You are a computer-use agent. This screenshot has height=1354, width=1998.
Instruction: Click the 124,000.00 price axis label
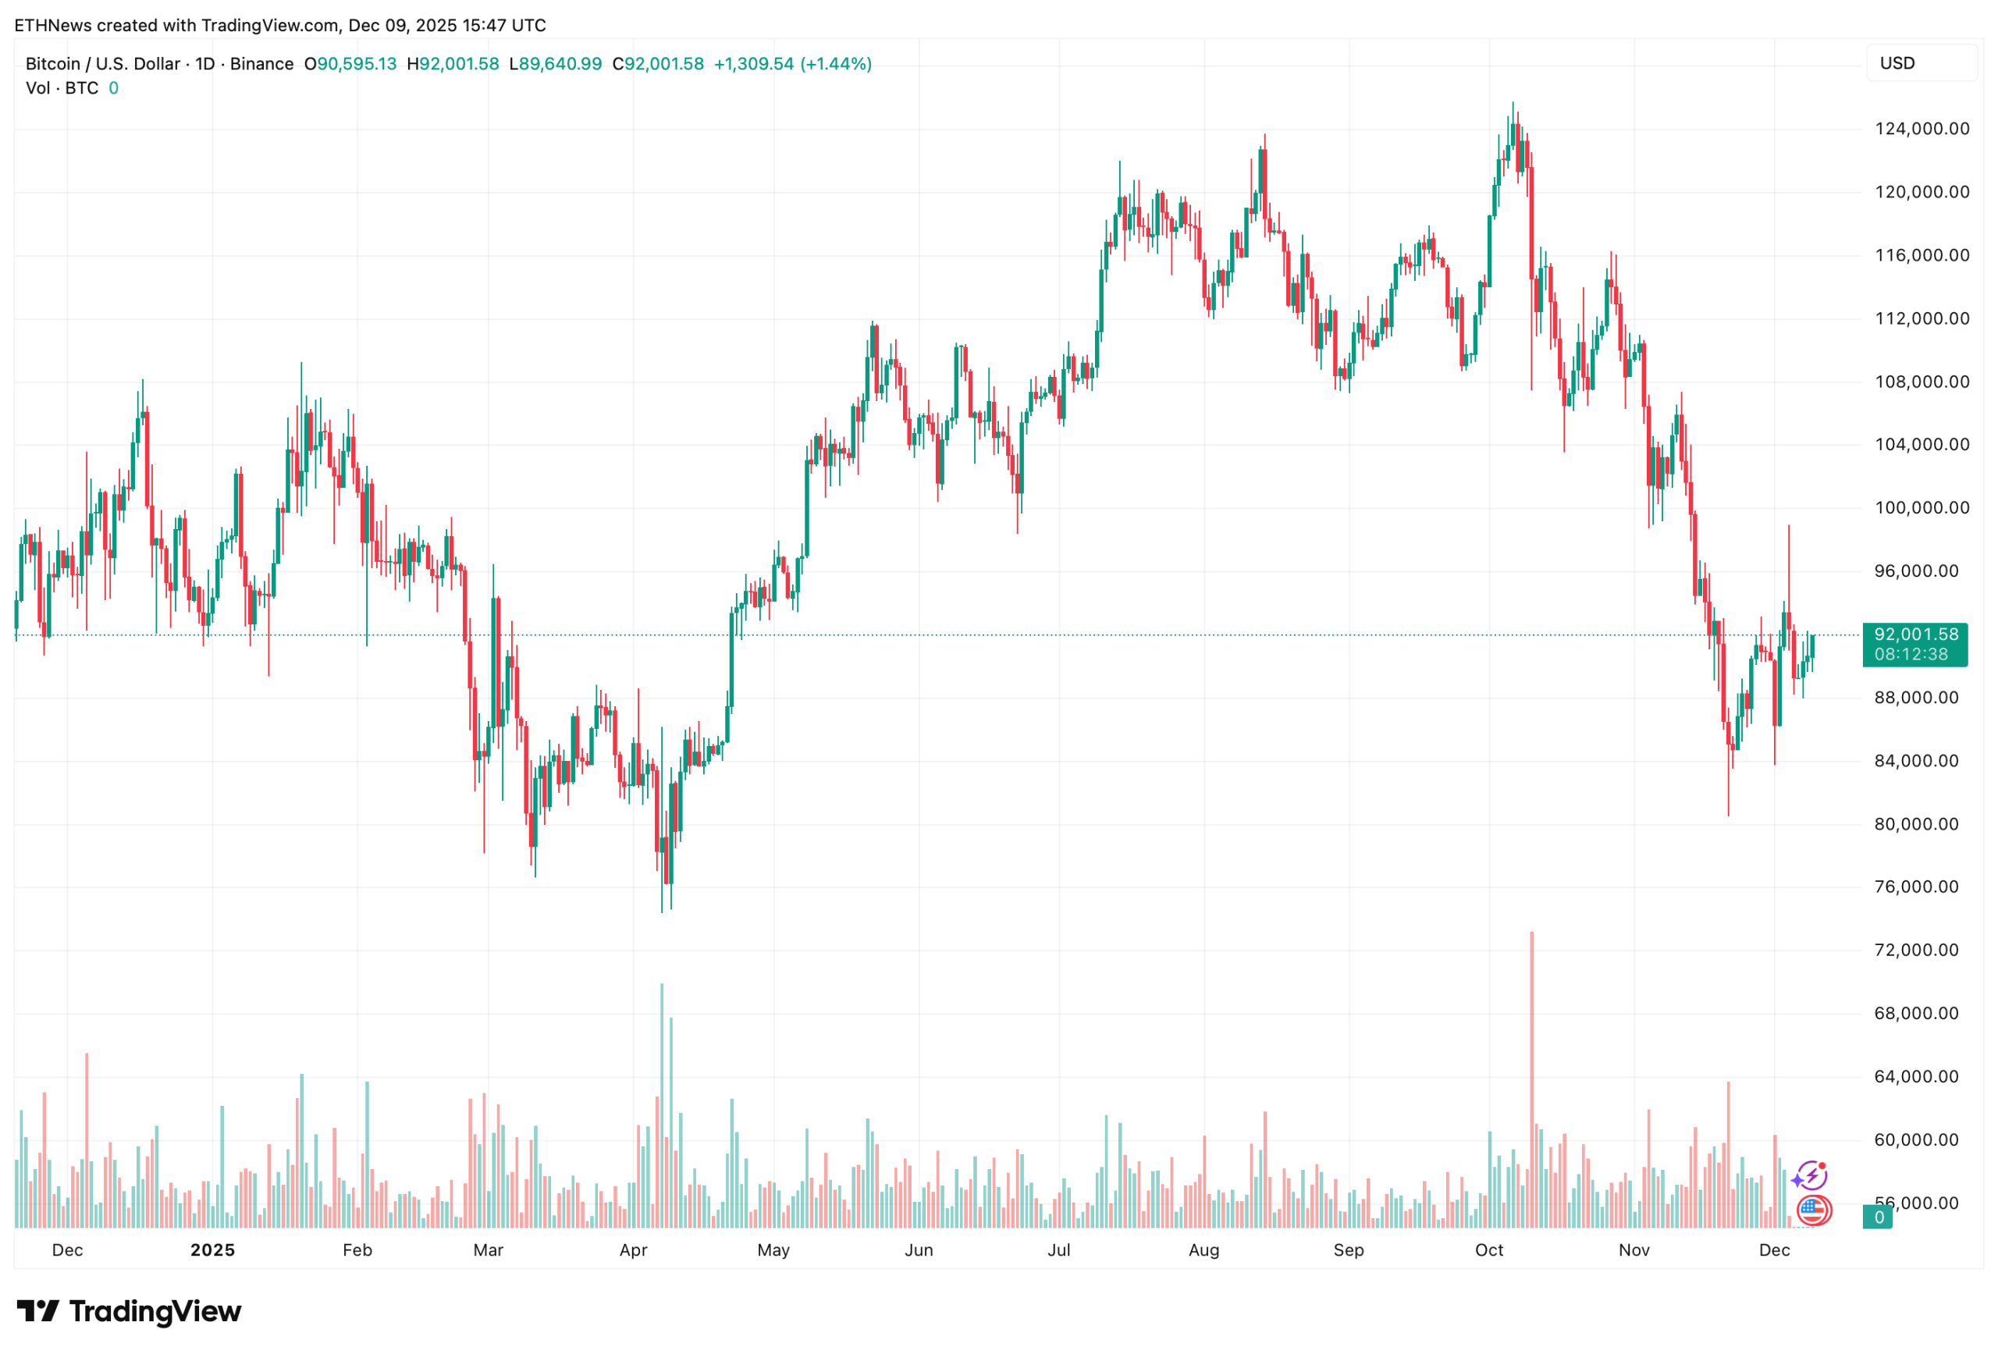coord(1922,129)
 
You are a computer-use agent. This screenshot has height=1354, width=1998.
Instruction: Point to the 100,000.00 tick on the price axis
coord(1922,508)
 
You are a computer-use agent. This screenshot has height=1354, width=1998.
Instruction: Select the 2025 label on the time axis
coord(212,1250)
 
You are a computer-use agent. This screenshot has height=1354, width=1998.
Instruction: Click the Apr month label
coord(633,1250)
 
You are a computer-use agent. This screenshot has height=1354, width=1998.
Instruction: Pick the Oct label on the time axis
coord(1489,1250)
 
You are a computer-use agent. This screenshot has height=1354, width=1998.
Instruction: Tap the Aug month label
coord(1203,1250)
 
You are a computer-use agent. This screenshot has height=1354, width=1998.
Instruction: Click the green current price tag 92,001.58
coord(1914,644)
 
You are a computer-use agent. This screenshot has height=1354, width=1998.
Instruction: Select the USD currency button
coord(1921,62)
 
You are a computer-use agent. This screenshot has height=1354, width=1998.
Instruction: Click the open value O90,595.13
coord(350,64)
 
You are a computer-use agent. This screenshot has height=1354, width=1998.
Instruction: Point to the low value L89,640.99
coord(556,64)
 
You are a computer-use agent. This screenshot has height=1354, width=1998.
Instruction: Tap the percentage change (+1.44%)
coord(836,64)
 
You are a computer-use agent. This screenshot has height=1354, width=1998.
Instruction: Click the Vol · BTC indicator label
coord(62,87)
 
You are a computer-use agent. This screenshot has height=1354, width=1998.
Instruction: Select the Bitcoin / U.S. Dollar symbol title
coord(102,64)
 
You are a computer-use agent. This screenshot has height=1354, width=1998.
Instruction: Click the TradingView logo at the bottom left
coord(129,1311)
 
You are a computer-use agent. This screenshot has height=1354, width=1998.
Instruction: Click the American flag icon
coord(1814,1210)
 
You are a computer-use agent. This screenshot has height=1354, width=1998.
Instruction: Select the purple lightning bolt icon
coord(1811,1175)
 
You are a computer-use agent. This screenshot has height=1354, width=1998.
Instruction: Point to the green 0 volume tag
coord(1879,1217)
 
